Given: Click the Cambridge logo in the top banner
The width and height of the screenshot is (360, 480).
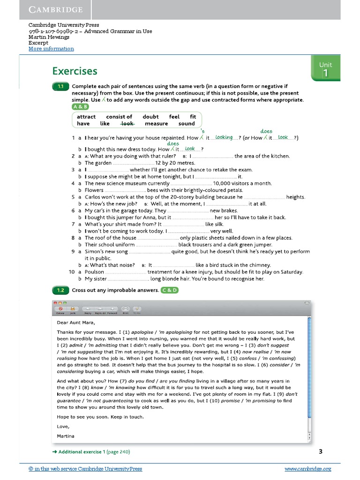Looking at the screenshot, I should [x=56, y=9].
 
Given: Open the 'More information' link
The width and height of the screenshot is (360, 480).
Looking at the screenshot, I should [x=51, y=49].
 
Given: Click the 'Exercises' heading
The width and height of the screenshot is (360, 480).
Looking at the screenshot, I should [x=75, y=71].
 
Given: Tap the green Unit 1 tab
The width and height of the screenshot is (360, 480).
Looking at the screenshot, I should [x=325, y=69].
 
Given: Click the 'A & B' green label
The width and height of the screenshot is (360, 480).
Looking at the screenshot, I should [x=80, y=107].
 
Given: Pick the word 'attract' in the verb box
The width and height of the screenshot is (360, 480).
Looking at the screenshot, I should [x=86, y=117].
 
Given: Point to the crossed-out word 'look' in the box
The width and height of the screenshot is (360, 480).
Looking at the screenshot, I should [x=127, y=124].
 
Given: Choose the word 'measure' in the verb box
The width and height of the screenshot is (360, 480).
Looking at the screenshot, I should [x=156, y=124].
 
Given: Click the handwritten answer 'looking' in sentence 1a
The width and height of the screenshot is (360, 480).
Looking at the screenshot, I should [x=224, y=137].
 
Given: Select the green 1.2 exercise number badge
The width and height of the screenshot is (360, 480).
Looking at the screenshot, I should [x=60, y=290].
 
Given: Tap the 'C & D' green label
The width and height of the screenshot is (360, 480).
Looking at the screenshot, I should [x=169, y=290].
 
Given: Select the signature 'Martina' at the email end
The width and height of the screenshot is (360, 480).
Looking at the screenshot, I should [x=66, y=436].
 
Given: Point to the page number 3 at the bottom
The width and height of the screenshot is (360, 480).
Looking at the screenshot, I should [x=321, y=451].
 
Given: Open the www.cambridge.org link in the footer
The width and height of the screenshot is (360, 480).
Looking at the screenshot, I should [x=307, y=469].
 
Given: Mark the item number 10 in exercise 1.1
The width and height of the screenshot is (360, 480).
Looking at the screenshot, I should [x=72, y=272].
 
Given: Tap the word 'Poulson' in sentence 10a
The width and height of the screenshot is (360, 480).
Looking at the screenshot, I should [x=94, y=272].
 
